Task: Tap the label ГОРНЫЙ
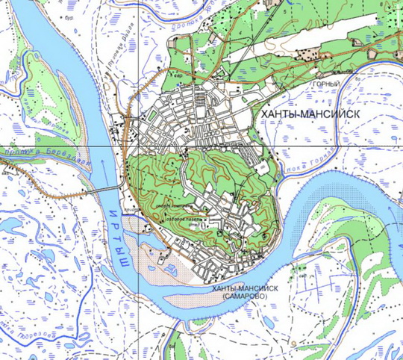pyautogui.click(x=327, y=84)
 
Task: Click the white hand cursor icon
pyautogui.click(x=184, y=241)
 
